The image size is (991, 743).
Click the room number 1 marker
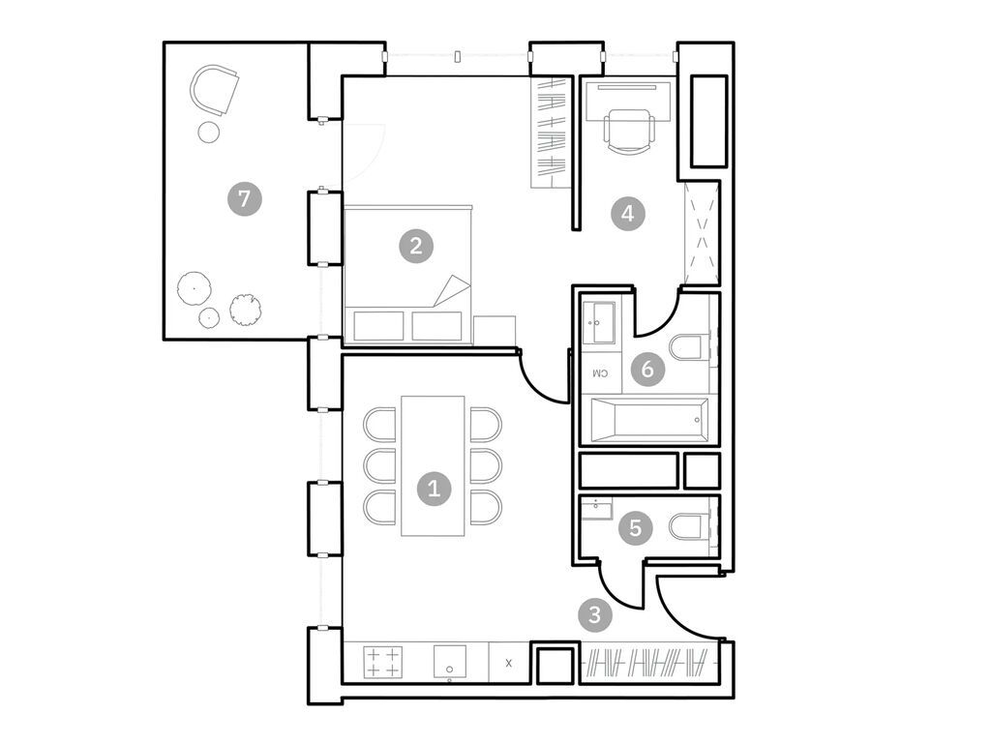pos(434,488)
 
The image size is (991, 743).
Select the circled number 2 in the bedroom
pos(416,246)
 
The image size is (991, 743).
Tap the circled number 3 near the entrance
pos(594,613)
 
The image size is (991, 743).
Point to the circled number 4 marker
pos(627,213)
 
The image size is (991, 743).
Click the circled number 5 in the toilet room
pos(635,527)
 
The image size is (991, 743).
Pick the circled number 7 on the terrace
pos(244,200)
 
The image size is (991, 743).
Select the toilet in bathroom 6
pos(691,348)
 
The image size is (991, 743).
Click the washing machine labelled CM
pos(599,372)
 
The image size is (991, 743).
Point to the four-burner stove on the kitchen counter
pos(382,663)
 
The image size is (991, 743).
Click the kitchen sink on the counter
pos(451,664)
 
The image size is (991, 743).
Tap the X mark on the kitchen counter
pos(509,664)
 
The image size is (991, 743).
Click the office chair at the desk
pos(628,130)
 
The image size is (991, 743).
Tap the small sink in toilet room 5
pos(596,509)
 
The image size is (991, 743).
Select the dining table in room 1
pos(433,464)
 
